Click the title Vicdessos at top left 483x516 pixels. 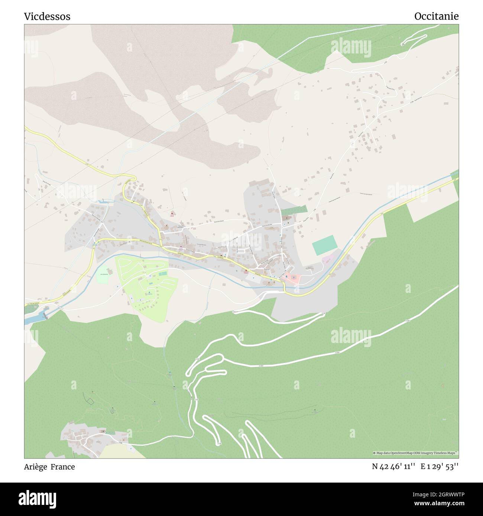click(47, 16)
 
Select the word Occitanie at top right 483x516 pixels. click(436, 16)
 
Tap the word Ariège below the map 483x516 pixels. click(35, 467)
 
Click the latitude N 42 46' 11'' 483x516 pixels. click(393, 467)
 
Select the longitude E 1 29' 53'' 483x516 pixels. click(440, 467)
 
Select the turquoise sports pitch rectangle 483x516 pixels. click(325, 246)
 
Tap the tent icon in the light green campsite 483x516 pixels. click(150, 293)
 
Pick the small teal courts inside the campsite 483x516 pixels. click(163, 274)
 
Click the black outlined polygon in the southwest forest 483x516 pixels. click(89, 401)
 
